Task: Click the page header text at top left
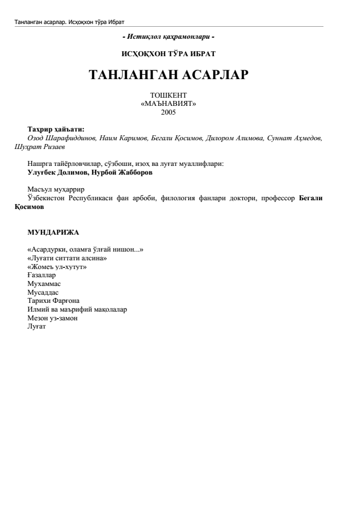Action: pyautogui.click(x=70, y=22)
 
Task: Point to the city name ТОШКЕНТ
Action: pyautogui.click(x=169, y=96)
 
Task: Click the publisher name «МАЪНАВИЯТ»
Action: pyautogui.click(x=169, y=104)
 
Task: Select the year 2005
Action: pyautogui.click(x=169, y=112)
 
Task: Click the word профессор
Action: pyautogui.click(x=281, y=198)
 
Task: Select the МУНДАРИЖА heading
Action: pyautogui.click(x=53, y=232)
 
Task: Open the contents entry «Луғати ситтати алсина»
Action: pyautogui.click(x=67, y=258)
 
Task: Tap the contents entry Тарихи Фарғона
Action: pyautogui.click(x=53, y=301)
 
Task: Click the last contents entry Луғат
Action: pyautogui.click(x=37, y=326)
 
